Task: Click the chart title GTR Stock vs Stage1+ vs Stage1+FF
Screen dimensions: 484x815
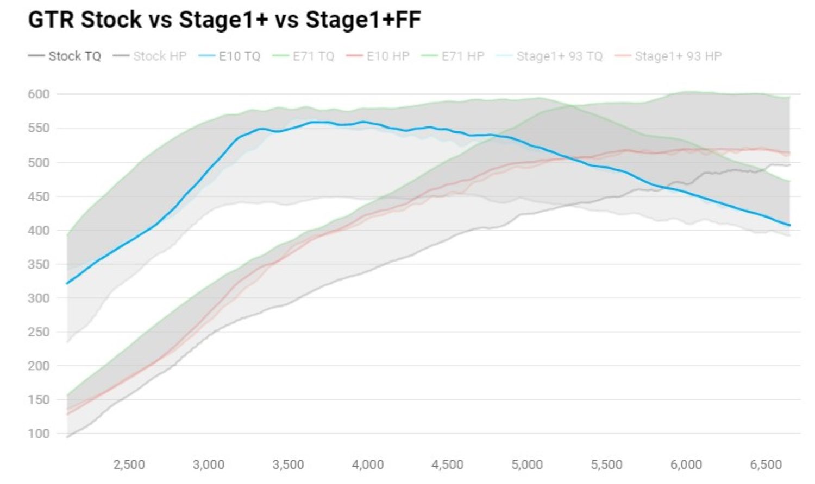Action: (x=224, y=20)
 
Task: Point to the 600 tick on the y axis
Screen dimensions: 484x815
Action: (x=39, y=94)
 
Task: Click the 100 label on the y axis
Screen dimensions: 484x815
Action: (x=39, y=434)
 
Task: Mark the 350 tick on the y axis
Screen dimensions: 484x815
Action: (x=39, y=264)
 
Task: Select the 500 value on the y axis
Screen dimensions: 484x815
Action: (x=39, y=162)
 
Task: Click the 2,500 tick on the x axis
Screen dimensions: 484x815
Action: (x=129, y=464)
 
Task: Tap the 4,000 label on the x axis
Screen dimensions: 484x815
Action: (x=368, y=464)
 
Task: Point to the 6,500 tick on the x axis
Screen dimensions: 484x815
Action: (x=766, y=464)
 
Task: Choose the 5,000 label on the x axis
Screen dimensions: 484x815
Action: (x=527, y=464)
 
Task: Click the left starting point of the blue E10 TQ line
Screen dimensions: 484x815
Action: (x=67, y=283)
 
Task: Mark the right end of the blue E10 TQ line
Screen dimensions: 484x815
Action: (x=789, y=225)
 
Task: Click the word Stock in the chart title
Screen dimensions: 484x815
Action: (x=111, y=20)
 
